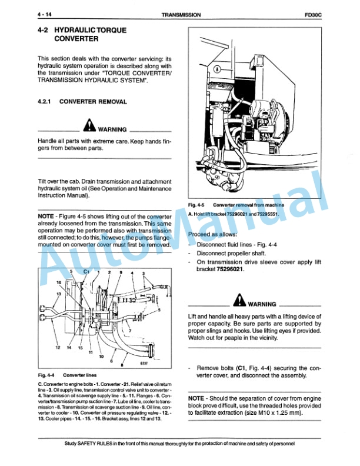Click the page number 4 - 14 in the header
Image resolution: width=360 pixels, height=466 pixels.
point(46,14)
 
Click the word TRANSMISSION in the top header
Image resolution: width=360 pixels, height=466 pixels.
point(180,14)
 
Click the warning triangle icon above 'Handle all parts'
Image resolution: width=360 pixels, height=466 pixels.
point(89,125)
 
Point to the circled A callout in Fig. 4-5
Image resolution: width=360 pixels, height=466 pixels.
point(216,69)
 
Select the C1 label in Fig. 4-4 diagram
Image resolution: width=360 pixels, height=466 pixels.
point(86,272)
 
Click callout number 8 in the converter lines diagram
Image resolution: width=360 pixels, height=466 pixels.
point(122,365)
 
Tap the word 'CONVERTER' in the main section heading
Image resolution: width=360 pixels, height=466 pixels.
point(76,40)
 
